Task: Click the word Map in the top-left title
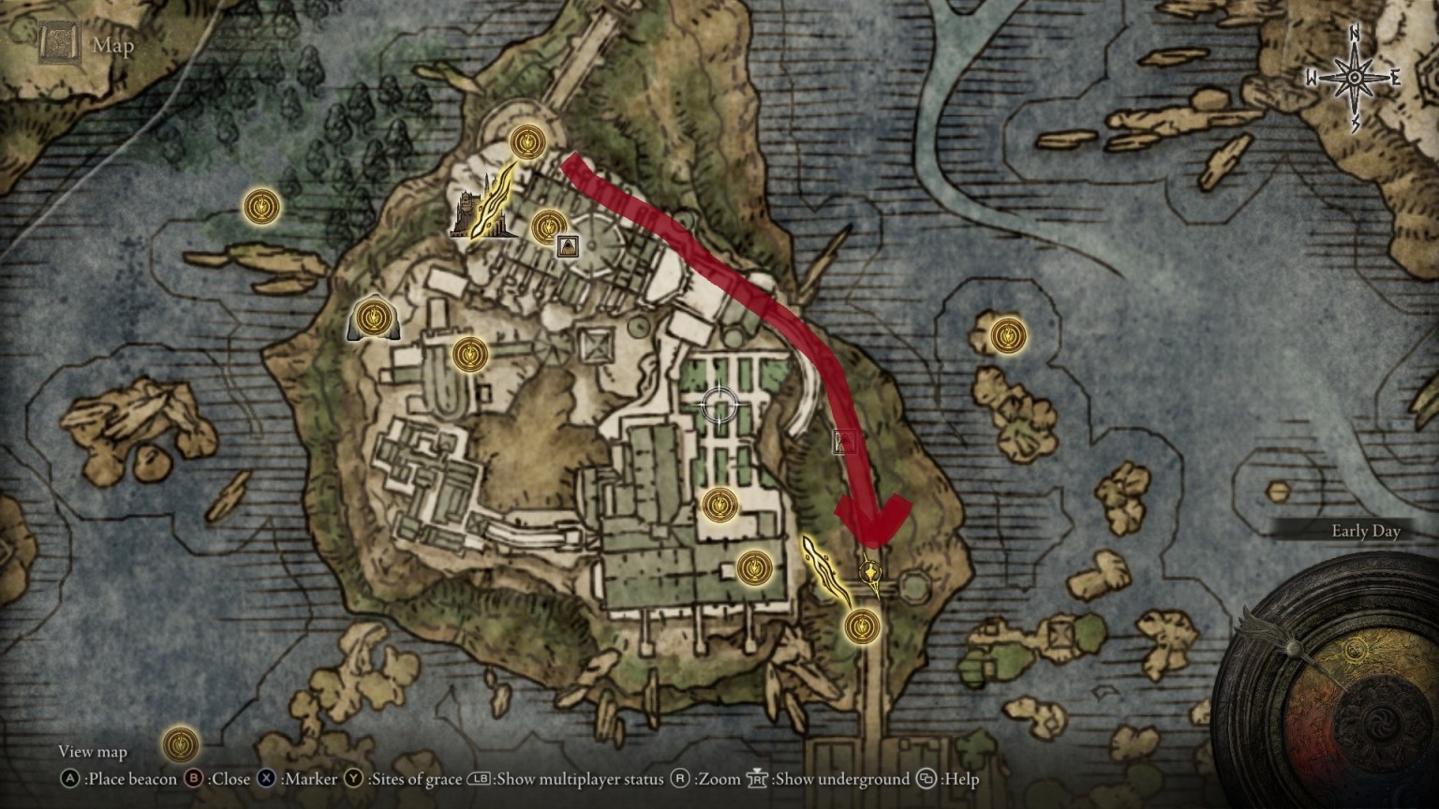click(x=112, y=46)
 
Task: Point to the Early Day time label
click(x=1365, y=532)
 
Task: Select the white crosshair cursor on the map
click(x=720, y=405)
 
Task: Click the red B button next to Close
click(x=195, y=779)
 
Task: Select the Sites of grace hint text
click(x=414, y=779)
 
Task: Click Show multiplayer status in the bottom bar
click(x=579, y=779)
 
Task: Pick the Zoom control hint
click(x=718, y=779)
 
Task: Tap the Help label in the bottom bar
click(x=960, y=779)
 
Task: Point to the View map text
click(x=92, y=752)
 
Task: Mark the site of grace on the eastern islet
click(x=1007, y=334)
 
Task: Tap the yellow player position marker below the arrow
click(x=871, y=571)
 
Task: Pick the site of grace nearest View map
click(x=180, y=744)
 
